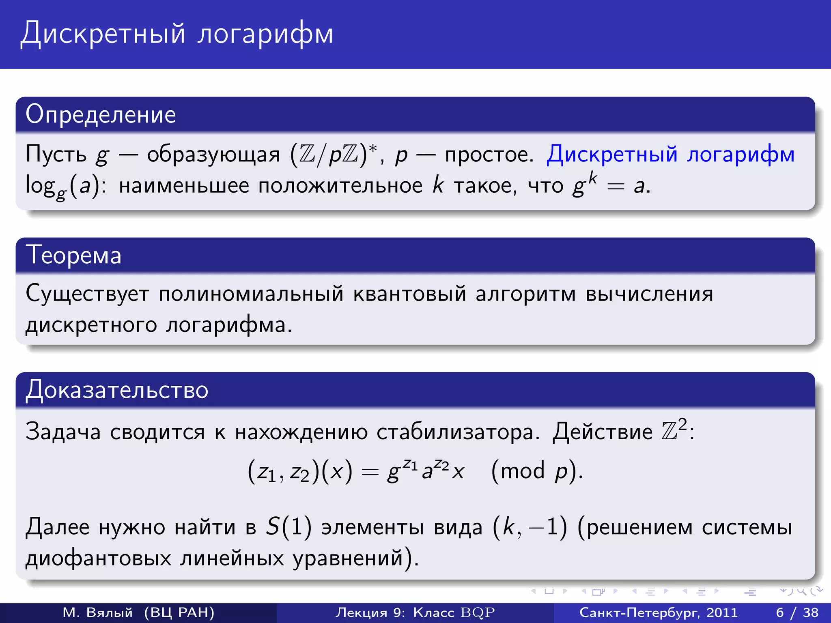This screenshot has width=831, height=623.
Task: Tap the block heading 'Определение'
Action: (101, 114)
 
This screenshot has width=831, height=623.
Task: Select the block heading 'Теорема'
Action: (73, 256)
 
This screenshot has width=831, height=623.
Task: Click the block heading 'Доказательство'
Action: (117, 390)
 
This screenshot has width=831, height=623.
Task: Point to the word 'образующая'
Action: (213, 155)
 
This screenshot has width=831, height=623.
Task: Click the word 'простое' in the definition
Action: (489, 155)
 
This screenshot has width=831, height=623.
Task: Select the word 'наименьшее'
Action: (184, 186)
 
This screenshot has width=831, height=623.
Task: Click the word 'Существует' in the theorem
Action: (87, 294)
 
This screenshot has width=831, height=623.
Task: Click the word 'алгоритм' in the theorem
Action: (525, 294)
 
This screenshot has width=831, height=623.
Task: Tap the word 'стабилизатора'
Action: (458, 432)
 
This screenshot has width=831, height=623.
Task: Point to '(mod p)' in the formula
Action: (536, 472)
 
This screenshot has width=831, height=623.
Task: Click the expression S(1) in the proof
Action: (288, 527)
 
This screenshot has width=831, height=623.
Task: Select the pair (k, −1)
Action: (530, 527)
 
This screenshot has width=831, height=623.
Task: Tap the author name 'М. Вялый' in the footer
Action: (98, 612)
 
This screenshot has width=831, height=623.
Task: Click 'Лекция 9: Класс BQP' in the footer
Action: (415, 612)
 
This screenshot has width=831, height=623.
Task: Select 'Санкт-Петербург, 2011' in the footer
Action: (658, 612)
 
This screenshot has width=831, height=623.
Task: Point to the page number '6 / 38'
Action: (797, 612)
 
